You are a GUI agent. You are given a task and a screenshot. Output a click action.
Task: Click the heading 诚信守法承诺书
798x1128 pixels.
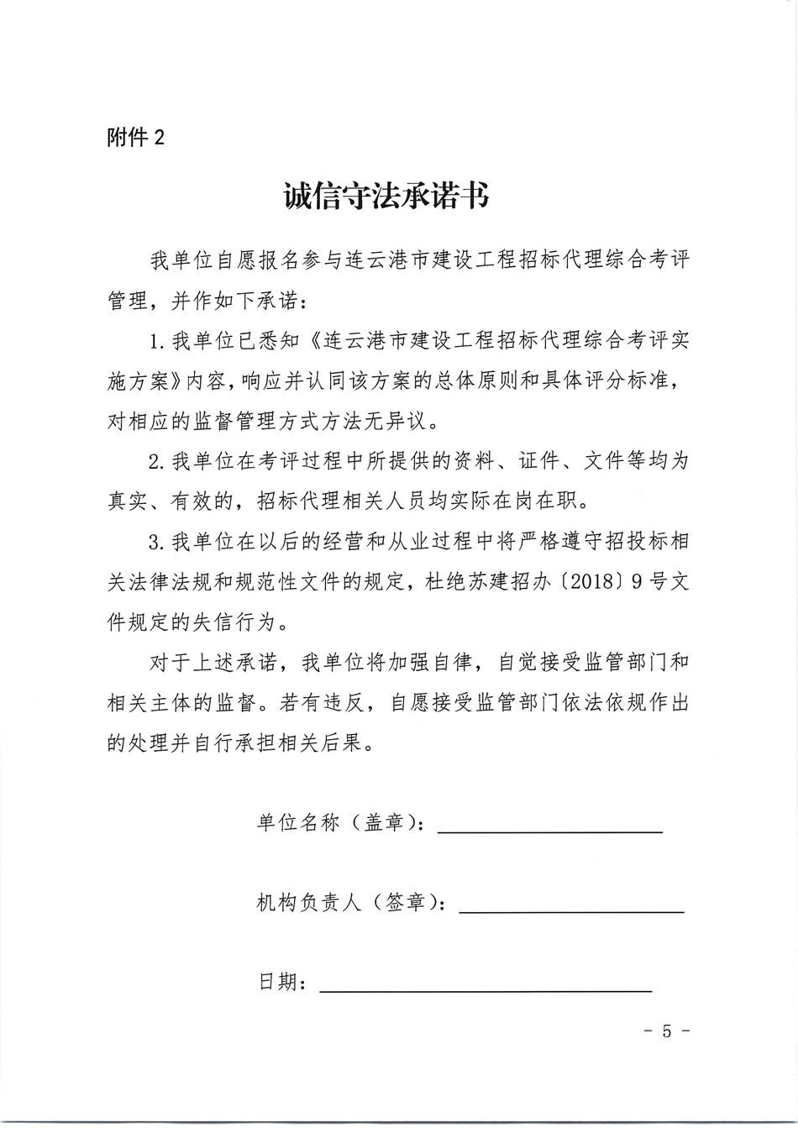click(x=386, y=198)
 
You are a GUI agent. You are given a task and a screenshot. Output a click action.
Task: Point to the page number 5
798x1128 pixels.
click(x=666, y=1031)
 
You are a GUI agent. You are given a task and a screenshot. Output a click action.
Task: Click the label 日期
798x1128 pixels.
click(x=278, y=982)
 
